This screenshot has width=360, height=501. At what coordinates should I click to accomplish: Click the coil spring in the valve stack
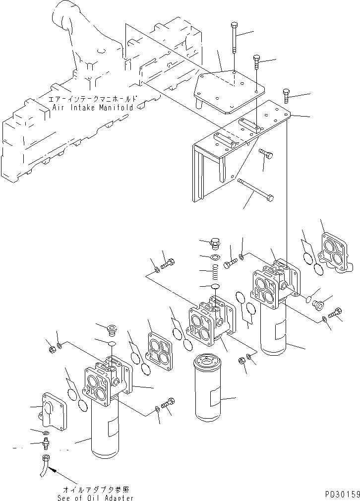tap(216, 273)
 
